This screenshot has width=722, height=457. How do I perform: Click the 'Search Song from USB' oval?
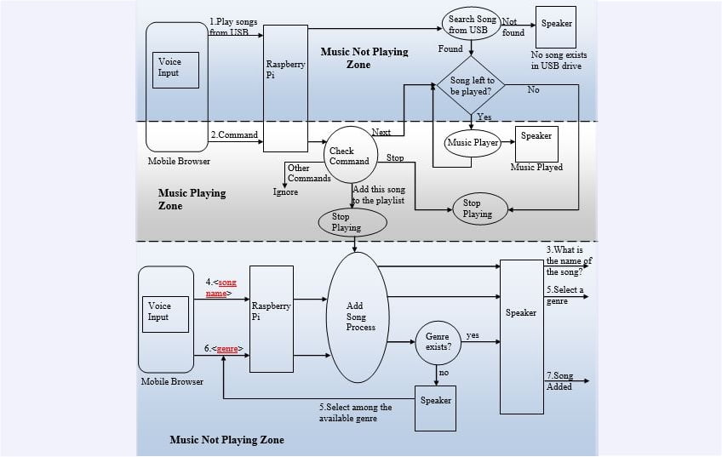coord(471,25)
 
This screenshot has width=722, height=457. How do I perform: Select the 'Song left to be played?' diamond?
coord(471,86)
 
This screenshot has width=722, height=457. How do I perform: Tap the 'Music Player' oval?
coord(472,143)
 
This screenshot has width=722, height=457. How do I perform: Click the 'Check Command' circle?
coord(350,156)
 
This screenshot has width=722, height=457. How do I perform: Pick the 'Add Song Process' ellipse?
coord(355,315)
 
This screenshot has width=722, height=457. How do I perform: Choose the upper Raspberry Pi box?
coord(284,76)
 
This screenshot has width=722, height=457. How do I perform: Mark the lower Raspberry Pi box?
coord(271,318)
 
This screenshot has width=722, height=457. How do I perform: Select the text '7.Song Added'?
coord(559,381)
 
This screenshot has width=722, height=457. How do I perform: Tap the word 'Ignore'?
coord(286,191)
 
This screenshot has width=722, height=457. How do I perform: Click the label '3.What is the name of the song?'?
coord(569,260)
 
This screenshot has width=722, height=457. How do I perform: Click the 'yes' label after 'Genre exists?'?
coord(473,335)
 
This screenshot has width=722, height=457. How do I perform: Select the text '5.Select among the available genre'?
coord(356,413)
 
